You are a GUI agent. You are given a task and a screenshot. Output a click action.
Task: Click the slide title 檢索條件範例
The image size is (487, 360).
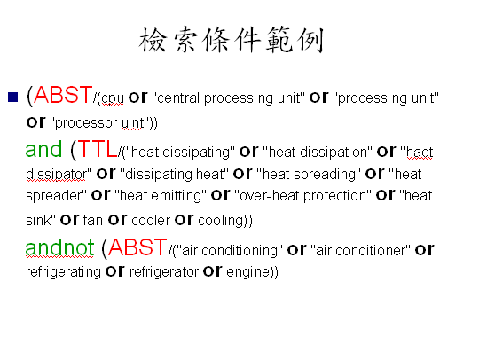[x=232, y=39]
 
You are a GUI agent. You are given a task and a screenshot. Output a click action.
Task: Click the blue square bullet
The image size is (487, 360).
[x=13, y=98]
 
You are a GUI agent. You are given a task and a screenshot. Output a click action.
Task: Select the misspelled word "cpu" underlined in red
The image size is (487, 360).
[x=113, y=98]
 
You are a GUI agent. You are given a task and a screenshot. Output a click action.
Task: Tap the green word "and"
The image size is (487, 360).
[x=43, y=149]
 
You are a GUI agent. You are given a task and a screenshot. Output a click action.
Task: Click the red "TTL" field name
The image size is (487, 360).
[x=98, y=149]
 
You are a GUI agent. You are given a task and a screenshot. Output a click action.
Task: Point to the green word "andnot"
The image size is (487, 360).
[x=59, y=247]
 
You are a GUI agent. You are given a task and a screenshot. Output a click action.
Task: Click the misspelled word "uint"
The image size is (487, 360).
[x=133, y=123]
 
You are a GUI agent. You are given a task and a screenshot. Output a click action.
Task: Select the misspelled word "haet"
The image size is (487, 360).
[x=420, y=153]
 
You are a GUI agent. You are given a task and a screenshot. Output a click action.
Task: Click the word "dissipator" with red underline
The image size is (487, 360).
[x=56, y=175]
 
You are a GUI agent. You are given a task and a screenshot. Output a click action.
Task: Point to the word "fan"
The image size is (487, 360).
[x=93, y=220]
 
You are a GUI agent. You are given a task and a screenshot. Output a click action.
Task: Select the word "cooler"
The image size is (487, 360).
[x=151, y=220]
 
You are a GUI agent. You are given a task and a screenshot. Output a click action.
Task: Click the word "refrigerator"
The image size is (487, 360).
[x=164, y=272]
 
